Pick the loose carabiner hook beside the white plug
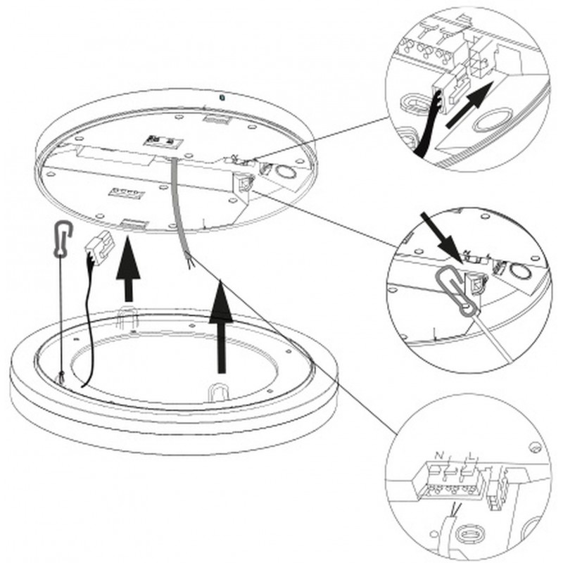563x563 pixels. click(62, 239)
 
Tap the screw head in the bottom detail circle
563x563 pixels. click(536, 446)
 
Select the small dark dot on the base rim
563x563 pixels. click(221, 96)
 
